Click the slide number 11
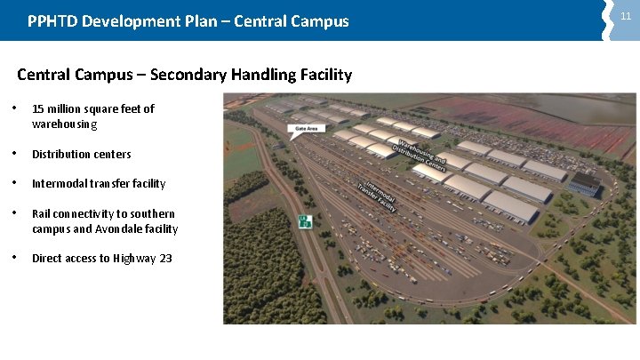click(626, 17)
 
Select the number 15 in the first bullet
click(38, 108)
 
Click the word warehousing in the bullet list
click(64, 124)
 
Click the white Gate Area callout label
click(305, 129)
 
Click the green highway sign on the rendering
click(306, 221)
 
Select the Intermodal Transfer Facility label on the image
click(378, 194)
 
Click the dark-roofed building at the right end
click(584, 184)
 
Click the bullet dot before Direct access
click(18, 258)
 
